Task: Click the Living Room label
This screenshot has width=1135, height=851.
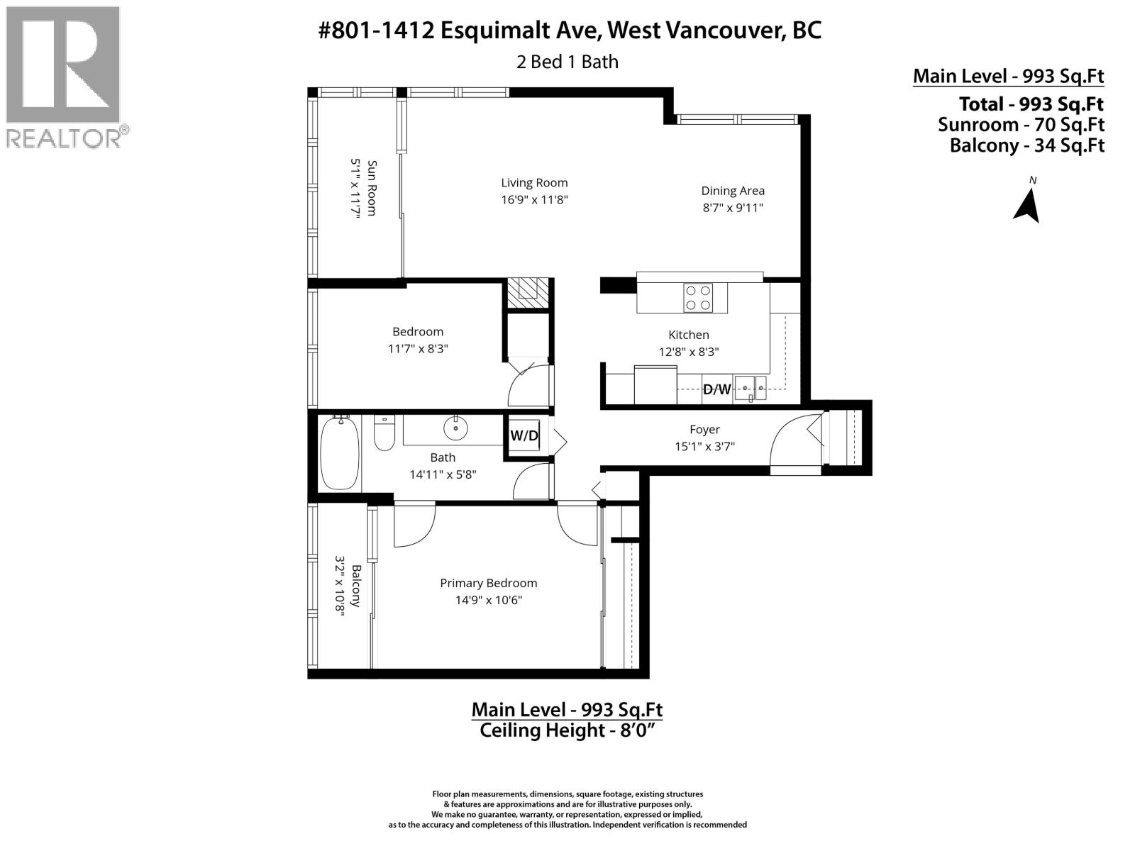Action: tap(534, 183)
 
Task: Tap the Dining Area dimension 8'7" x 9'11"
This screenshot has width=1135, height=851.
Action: tap(732, 208)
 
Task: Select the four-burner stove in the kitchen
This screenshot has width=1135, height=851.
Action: tap(697, 297)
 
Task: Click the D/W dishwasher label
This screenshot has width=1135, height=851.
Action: tap(716, 389)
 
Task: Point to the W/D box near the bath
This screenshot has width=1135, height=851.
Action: tap(524, 435)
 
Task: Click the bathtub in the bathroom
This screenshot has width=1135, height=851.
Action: tap(340, 454)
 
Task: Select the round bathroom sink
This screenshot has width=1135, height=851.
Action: tap(454, 428)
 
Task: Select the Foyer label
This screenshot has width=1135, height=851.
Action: tap(704, 430)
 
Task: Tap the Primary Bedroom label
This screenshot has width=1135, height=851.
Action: tap(488, 583)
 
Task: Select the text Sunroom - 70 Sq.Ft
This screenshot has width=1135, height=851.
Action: tap(1021, 125)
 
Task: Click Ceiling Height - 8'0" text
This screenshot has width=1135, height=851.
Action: tap(565, 730)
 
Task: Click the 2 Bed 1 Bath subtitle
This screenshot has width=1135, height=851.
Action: tap(567, 62)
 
